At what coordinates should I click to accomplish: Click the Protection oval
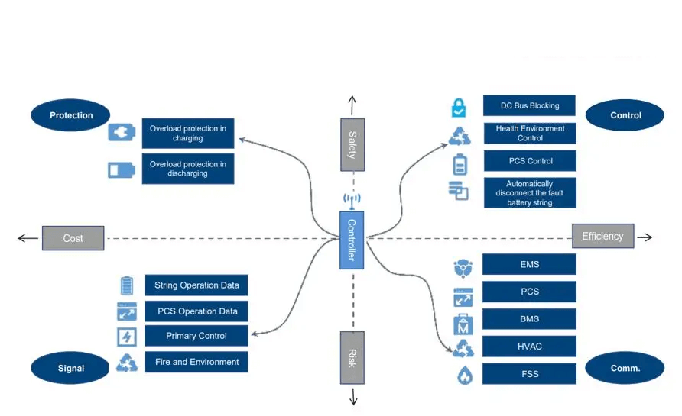(x=70, y=115)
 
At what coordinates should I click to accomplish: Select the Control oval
(x=625, y=115)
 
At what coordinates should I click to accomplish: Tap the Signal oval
(x=70, y=368)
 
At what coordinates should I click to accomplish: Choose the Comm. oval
(x=625, y=368)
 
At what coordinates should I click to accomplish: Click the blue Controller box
(x=352, y=240)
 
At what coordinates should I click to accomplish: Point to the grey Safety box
(x=352, y=144)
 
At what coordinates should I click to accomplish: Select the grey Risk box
(x=352, y=358)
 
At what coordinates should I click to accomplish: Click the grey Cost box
(x=73, y=238)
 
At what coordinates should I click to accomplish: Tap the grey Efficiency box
(x=602, y=236)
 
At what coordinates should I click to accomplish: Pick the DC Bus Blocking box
(x=529, y=105)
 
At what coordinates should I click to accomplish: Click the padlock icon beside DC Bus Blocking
(x=459, y=108)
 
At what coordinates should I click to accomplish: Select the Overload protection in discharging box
(x=188, y=169)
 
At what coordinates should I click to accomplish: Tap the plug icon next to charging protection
(x=122, y=133)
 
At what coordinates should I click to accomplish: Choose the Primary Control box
(x=196, y=336)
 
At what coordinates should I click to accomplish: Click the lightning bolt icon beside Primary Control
(x=127, y=337)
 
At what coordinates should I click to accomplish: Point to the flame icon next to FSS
(x=465, y=376)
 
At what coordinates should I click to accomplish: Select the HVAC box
(x=529, y=346)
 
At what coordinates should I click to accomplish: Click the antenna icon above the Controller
(x=352, y=200)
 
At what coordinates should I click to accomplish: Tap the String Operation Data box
(x=196, y=285)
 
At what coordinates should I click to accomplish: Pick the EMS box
(x=529, y=264)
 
